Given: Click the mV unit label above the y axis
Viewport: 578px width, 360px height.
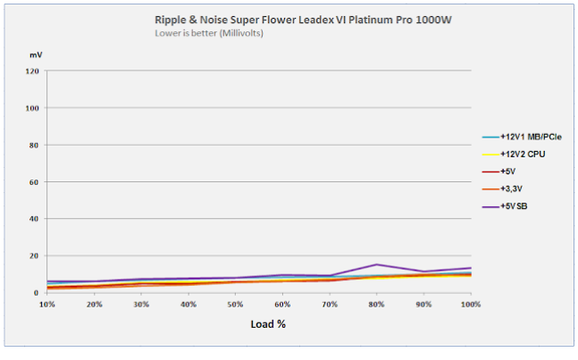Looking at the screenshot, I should coord(35,55).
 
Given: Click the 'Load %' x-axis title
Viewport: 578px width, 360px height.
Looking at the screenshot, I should coord(267,323).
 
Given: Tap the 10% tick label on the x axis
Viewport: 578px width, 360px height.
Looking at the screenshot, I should coord(47,304).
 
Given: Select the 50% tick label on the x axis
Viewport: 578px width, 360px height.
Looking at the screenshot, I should coord(236,304).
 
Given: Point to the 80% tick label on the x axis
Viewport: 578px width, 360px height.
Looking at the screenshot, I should coord(377,304).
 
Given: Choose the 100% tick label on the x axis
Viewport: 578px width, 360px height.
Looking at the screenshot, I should coord(470,304).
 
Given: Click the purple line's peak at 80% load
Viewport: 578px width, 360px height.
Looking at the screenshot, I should coord(377,264).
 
